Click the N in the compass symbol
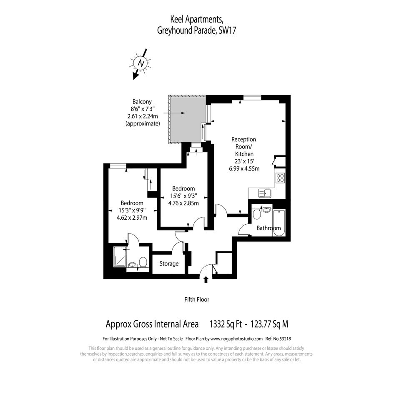coord(141,63)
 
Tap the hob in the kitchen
coord(280,178)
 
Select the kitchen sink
coord(265,193)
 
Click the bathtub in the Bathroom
coord(279,223)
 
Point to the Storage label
coord(169,264)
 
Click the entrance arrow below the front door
coord(206,279)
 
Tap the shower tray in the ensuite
coord(120,256)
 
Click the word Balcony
coord(142,102)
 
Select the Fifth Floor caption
coord(197,299)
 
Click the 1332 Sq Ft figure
coord(226,324)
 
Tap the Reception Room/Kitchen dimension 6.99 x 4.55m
coord(244,168)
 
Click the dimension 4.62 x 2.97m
coord(132,218)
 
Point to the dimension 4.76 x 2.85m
coord(183,203)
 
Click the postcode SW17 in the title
coord(227,30)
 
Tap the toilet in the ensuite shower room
coord(143,262)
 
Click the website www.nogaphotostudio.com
coord(236,339)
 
